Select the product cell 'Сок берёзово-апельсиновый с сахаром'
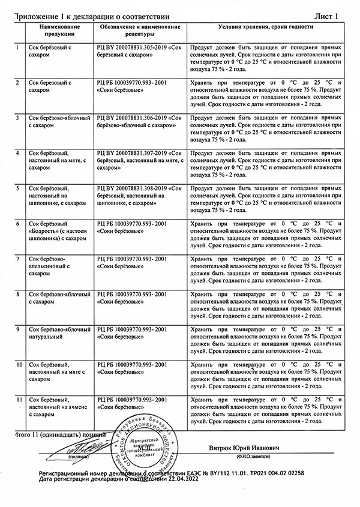coord(55,266)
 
